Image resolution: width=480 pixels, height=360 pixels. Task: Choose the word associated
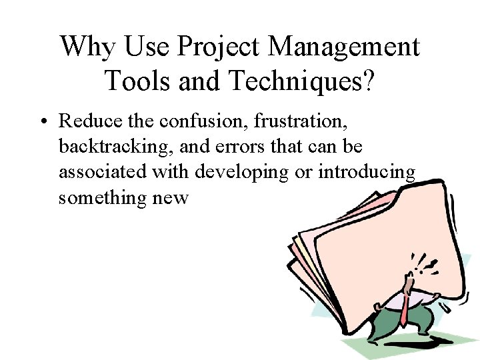click(103, 172)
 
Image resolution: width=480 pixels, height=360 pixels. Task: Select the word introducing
click(367, 172)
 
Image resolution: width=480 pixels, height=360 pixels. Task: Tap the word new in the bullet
click(171, 197)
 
